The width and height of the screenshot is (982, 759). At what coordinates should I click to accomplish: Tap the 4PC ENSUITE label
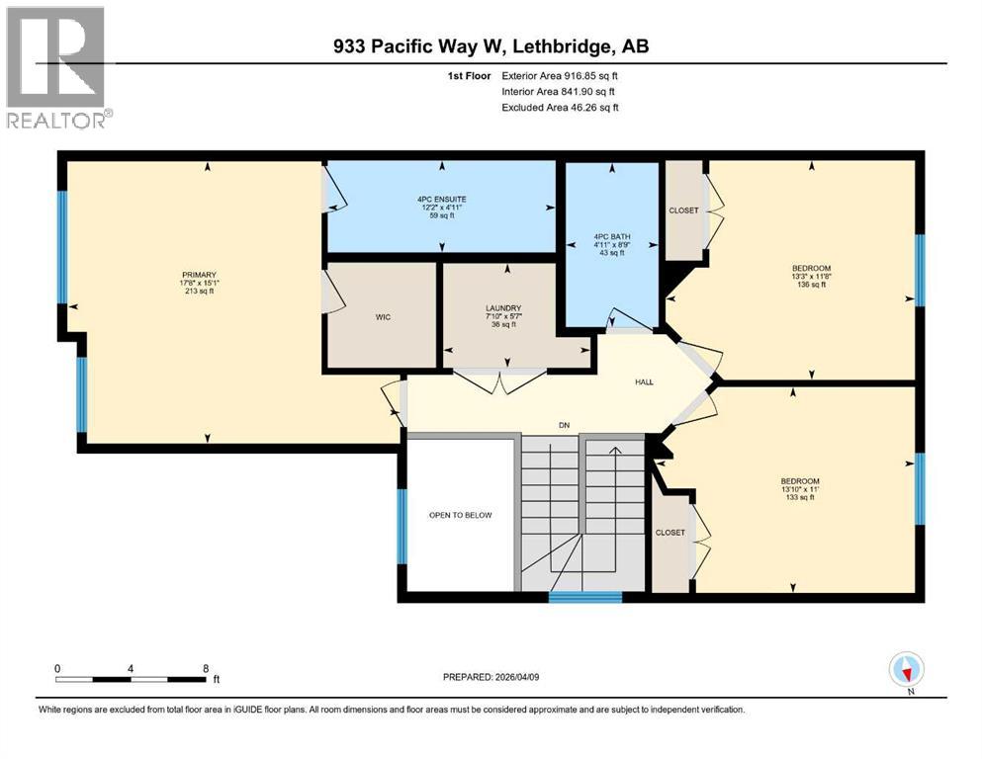[x=441, y=199]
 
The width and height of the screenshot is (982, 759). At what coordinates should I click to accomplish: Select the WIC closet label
[x=382, y=318]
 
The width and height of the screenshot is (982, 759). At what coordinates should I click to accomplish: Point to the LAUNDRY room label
[x=502, y=307]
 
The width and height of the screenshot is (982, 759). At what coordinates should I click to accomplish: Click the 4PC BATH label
[x=612, y=237]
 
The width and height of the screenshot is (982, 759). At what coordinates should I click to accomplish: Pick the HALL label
[x=643, y=382]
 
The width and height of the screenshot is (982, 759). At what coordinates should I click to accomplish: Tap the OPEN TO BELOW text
[x=460, y=515]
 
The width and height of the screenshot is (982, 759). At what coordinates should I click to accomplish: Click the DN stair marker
[x=564, y=426]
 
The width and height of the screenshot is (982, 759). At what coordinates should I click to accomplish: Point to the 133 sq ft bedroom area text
[x=798, y=497]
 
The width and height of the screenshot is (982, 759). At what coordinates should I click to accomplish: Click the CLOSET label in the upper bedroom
[x=683, y=211]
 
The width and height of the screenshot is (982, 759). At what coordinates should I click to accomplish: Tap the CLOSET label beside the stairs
[x=670, y=533]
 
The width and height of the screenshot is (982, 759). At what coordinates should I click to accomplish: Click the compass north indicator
[x=907, y=670]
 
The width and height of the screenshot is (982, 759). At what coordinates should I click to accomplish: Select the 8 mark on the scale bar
[x=205, y=668]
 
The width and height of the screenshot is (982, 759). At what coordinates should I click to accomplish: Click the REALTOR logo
[x=56, y=66]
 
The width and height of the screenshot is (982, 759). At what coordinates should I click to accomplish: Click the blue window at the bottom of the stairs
[x=584, y=596]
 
